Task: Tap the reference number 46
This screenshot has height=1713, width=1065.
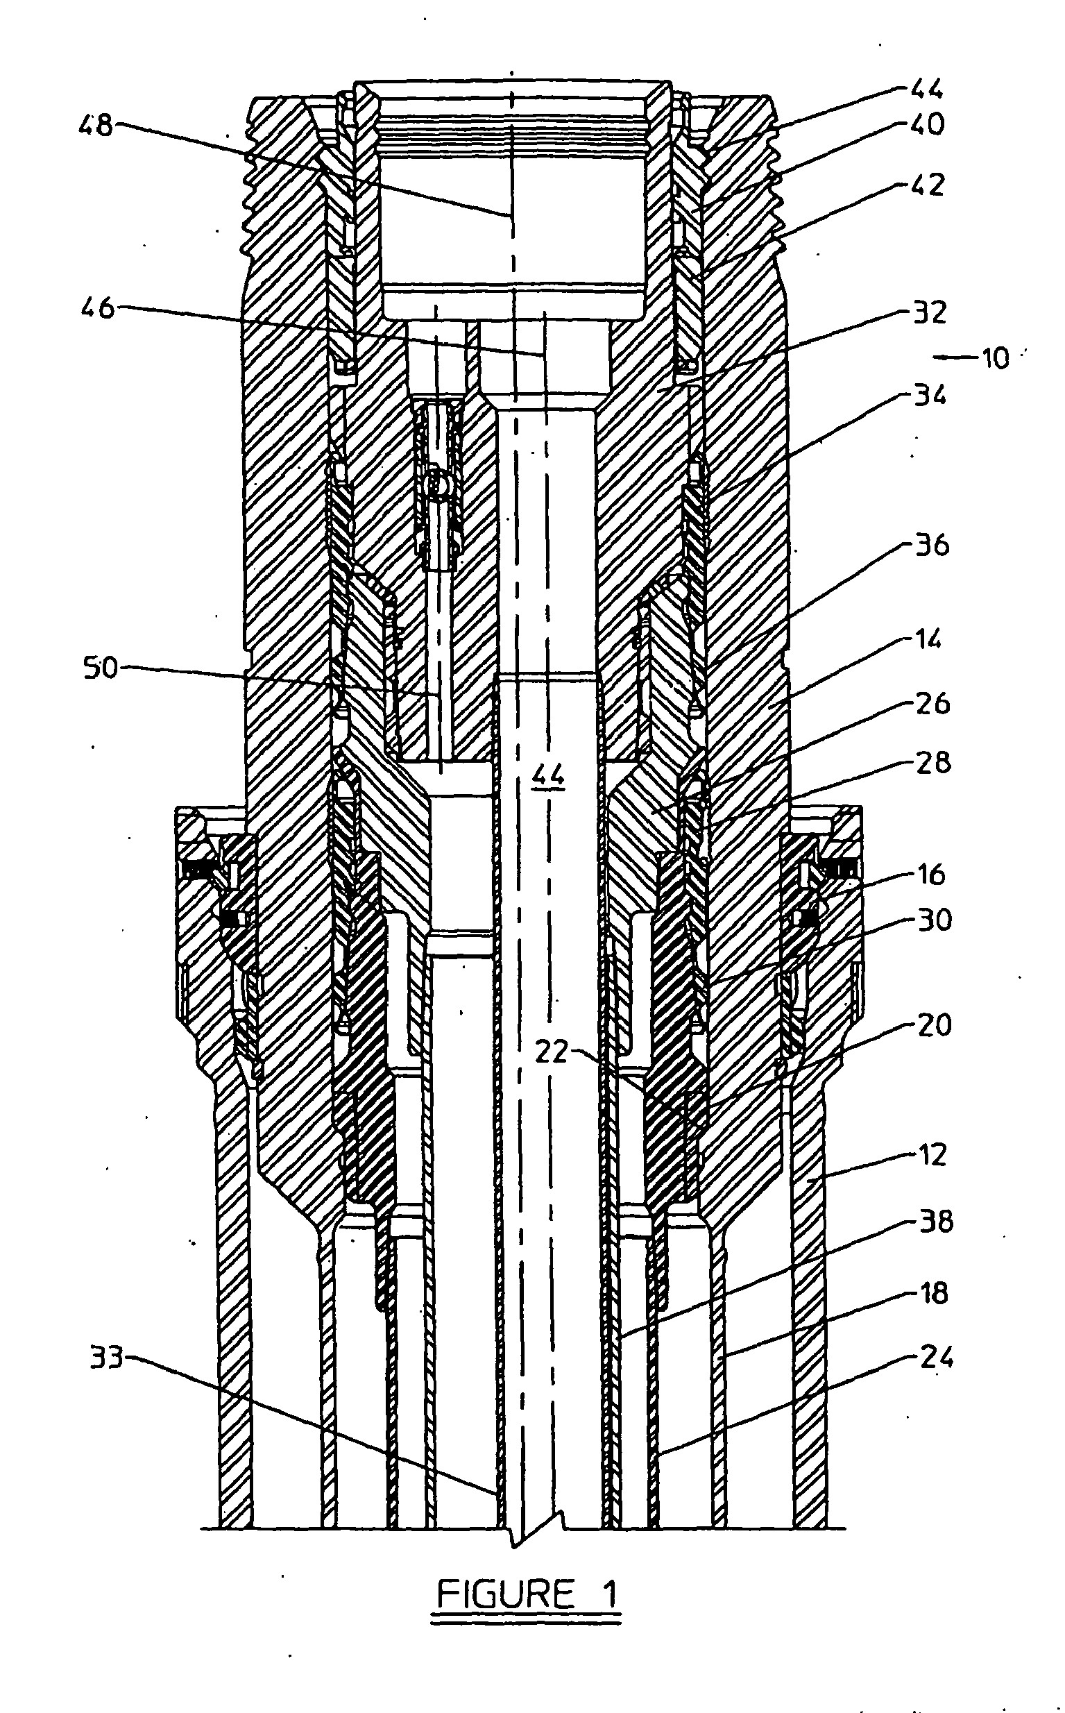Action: click(98, 308)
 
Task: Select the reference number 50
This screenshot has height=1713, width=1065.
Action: click(101, 667)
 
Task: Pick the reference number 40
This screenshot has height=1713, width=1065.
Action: click(927, 124)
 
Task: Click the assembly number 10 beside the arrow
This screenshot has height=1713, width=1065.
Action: click(995, 359)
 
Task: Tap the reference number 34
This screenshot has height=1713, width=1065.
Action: click(930, 396)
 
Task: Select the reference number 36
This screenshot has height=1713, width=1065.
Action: click(932, 545)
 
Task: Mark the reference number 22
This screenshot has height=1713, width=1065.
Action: click(552, 1052)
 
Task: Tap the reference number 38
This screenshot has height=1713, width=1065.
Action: click(935, 1221)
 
